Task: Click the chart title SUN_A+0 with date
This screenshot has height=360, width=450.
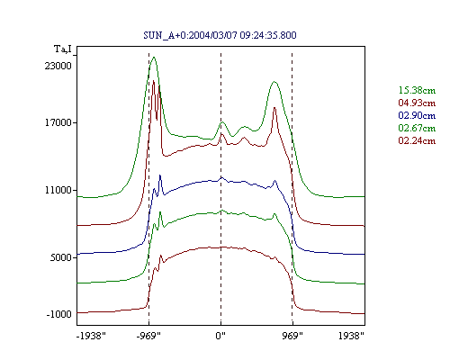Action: tap(220, 35)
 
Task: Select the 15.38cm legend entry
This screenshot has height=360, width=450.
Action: tap(417, 90)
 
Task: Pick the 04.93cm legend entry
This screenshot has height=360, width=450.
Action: tap(417, 103)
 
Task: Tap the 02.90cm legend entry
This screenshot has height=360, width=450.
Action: tap(417, 115)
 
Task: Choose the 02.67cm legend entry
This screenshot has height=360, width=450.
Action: tap(417, 128)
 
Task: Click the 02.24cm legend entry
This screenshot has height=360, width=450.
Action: tap(417, 140)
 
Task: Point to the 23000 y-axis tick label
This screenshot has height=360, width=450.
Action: tap(58, 66)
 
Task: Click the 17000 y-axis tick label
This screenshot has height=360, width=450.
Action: tap(58, 122)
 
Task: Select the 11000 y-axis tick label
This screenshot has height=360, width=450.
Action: tap(58, 190)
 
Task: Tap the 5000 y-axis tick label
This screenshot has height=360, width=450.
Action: tap(60, 257)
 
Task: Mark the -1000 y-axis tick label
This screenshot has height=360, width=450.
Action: tap(59, 314)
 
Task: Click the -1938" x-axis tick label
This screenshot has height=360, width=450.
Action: tap(91, 336)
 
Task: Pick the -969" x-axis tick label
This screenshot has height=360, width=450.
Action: tap(148, 336)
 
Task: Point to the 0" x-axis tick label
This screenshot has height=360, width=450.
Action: tap(220, 336)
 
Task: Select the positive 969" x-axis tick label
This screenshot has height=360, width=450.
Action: tap(292, 336)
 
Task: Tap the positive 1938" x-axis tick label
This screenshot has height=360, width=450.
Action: tap(351, 336)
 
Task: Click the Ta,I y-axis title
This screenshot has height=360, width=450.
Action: tap(63, 49)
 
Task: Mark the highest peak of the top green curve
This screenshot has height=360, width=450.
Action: tap(154, 57)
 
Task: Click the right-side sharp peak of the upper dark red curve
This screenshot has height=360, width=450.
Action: tap(274, 107)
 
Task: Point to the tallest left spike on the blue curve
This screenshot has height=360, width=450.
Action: tap(160, 175)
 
